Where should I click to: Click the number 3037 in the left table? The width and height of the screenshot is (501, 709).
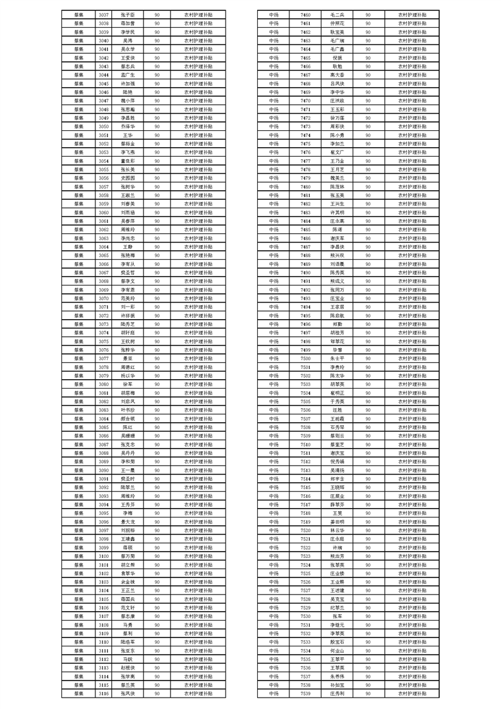(x=104, y=14)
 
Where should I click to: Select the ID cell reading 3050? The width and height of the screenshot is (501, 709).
(x=104, y=126)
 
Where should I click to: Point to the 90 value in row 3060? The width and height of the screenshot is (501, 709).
(x=156, y=212)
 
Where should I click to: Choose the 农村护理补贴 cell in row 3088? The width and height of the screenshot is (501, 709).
(x=198, y=453)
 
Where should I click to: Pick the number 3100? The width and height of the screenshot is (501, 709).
(x=104, y=556)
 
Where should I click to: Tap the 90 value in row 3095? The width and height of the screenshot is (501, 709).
(x=156, y=513)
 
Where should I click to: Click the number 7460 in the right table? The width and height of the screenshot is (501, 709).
(x=306, y=14)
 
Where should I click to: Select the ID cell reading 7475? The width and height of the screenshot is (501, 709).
(x=306, y=143)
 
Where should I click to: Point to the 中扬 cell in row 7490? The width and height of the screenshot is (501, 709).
(x=274, y=272)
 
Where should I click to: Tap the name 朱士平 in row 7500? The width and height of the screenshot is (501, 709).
(x=337, y=358)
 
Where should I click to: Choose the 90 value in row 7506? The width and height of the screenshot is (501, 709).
(x=368, y=410)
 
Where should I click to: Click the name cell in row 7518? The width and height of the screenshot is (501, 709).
(x=337, y=513)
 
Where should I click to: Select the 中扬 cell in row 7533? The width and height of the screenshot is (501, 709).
(x=274, y=642)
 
